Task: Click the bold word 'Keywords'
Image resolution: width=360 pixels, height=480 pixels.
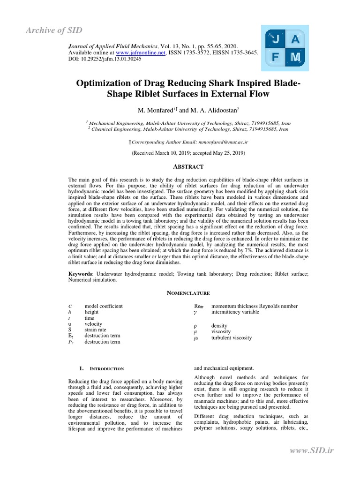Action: pos(81,273)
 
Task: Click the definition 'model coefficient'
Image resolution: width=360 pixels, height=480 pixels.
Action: pos(103,306)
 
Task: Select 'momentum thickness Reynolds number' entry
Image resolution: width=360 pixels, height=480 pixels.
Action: pos(254,306)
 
